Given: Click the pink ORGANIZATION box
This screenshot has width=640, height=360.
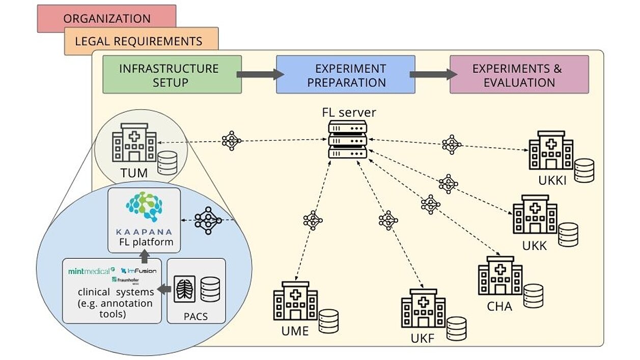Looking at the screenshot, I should tap(106, 18).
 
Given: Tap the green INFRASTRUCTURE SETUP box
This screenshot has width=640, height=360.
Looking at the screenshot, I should tap(172, 74).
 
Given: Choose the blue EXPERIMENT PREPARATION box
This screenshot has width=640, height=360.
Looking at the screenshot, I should tap(345, 74).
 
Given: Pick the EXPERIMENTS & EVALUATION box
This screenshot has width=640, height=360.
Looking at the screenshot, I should tap(519, 74).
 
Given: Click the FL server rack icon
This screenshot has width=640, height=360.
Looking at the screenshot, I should tap(347, 140).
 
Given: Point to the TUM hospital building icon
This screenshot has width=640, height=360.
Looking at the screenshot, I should tap(134, 143).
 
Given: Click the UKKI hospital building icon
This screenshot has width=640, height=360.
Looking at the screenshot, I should tap(550, 151).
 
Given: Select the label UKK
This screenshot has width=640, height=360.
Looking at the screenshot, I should tap(535, 245).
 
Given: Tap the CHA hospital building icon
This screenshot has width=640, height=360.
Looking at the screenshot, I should tap(500, 276).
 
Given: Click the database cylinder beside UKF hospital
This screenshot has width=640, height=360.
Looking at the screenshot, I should tap(456, 328).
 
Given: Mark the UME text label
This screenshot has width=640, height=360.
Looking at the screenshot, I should tap(295, 331).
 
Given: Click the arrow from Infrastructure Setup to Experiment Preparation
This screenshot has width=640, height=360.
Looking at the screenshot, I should tap(259, 74).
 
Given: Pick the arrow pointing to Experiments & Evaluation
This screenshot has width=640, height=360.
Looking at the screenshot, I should tap(432, 74).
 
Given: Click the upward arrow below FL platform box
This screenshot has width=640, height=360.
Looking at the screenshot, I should tap(144, 256).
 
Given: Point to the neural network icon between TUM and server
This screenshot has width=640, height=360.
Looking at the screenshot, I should tap(232, 141).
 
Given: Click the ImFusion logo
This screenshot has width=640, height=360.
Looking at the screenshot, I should tap(139, 271).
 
